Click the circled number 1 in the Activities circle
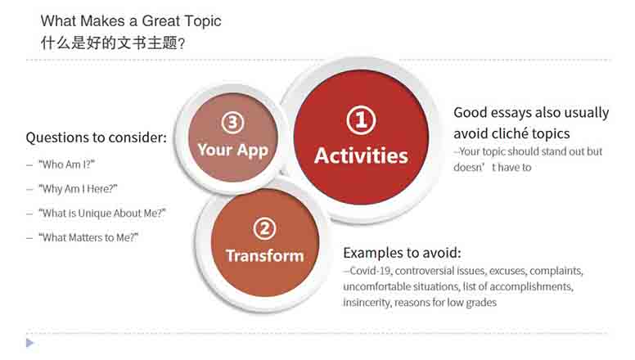(361, 120)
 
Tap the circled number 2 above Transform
(264, 229)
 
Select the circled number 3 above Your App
(233, 122)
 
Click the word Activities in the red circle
(361, 156)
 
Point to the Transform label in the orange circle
(264, 256)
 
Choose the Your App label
(233, 151)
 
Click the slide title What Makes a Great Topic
(131, 21)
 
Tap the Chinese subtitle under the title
(113, 43)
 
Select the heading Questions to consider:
(96, 137)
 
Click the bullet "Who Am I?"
(66, 164)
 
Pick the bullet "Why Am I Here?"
(78, 189)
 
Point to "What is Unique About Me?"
(102, 213)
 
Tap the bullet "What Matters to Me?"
(88, 237)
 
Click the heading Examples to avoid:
(402, 253)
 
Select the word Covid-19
(371, 271)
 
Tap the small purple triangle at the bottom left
(29, 343)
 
